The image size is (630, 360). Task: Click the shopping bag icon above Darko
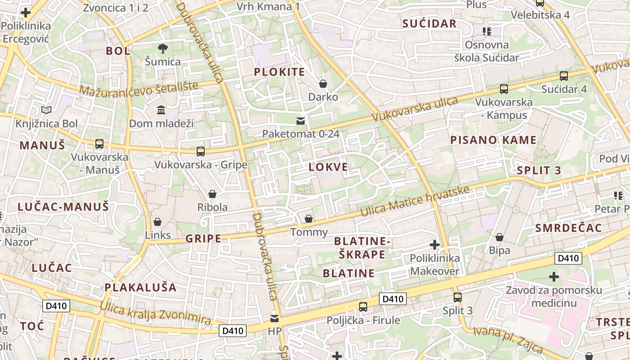(x=323, y=84)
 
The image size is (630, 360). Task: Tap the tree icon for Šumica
(x=162, y=49)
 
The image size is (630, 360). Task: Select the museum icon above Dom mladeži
(x=161, y=110)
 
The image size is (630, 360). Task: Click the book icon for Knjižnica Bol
(x=46, y=110)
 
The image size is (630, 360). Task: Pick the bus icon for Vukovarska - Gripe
(x=201, y=152)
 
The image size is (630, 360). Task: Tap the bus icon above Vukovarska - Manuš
(x=99, y=144)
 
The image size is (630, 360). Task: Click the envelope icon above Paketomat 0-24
(x=300, y=121)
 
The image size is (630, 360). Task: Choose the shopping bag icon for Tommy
(x=309, y=219)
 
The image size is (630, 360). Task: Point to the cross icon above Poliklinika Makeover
(x=434, y=245)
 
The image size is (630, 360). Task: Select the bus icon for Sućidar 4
(x=563, y=76)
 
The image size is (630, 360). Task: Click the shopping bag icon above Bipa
(x=499, y=237)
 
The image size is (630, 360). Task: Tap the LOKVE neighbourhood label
(x=328, y=167)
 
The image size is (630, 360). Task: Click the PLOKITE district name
(x=279, y=72)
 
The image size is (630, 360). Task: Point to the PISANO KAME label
(x=493, y=140)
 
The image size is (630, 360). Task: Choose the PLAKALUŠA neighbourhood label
(x=140, y=287)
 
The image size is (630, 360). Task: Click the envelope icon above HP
(x=274, y=319)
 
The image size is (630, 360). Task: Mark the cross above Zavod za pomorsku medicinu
(x=554, y=276)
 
